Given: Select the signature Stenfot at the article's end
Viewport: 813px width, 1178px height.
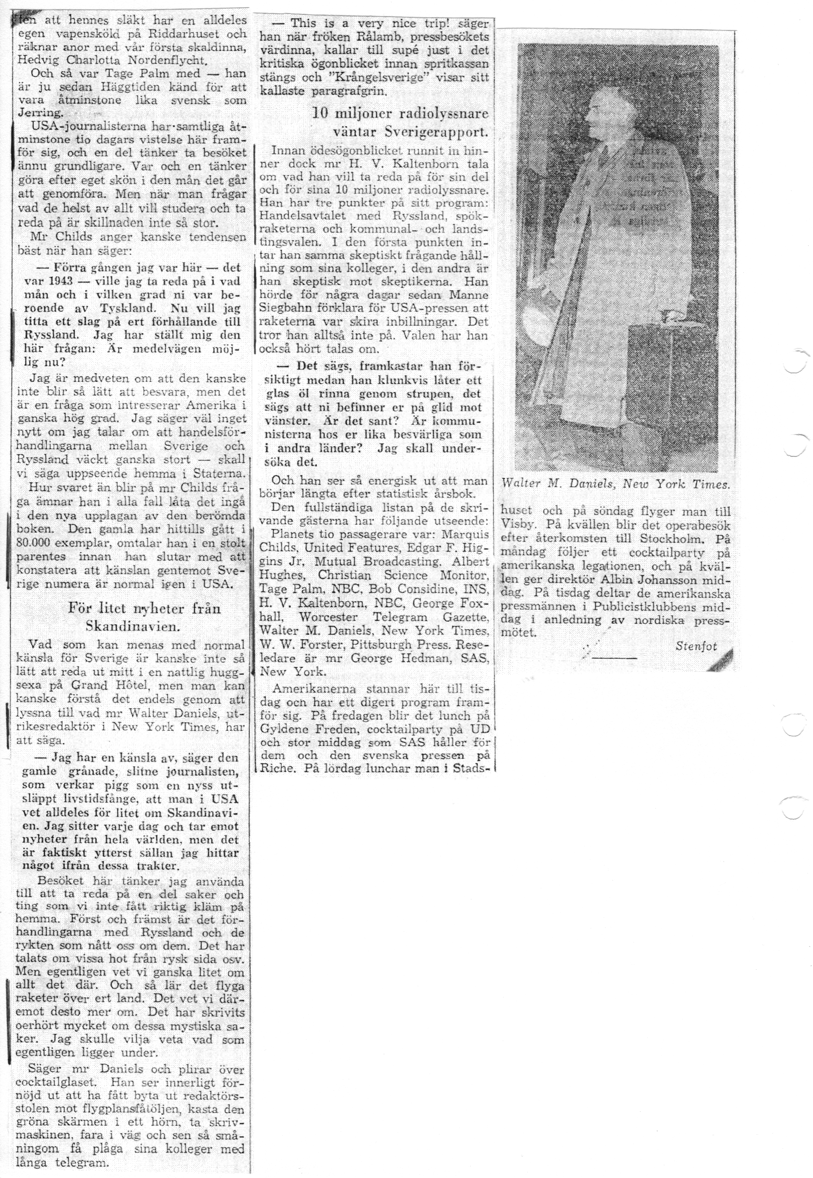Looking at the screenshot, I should (696, 646).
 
